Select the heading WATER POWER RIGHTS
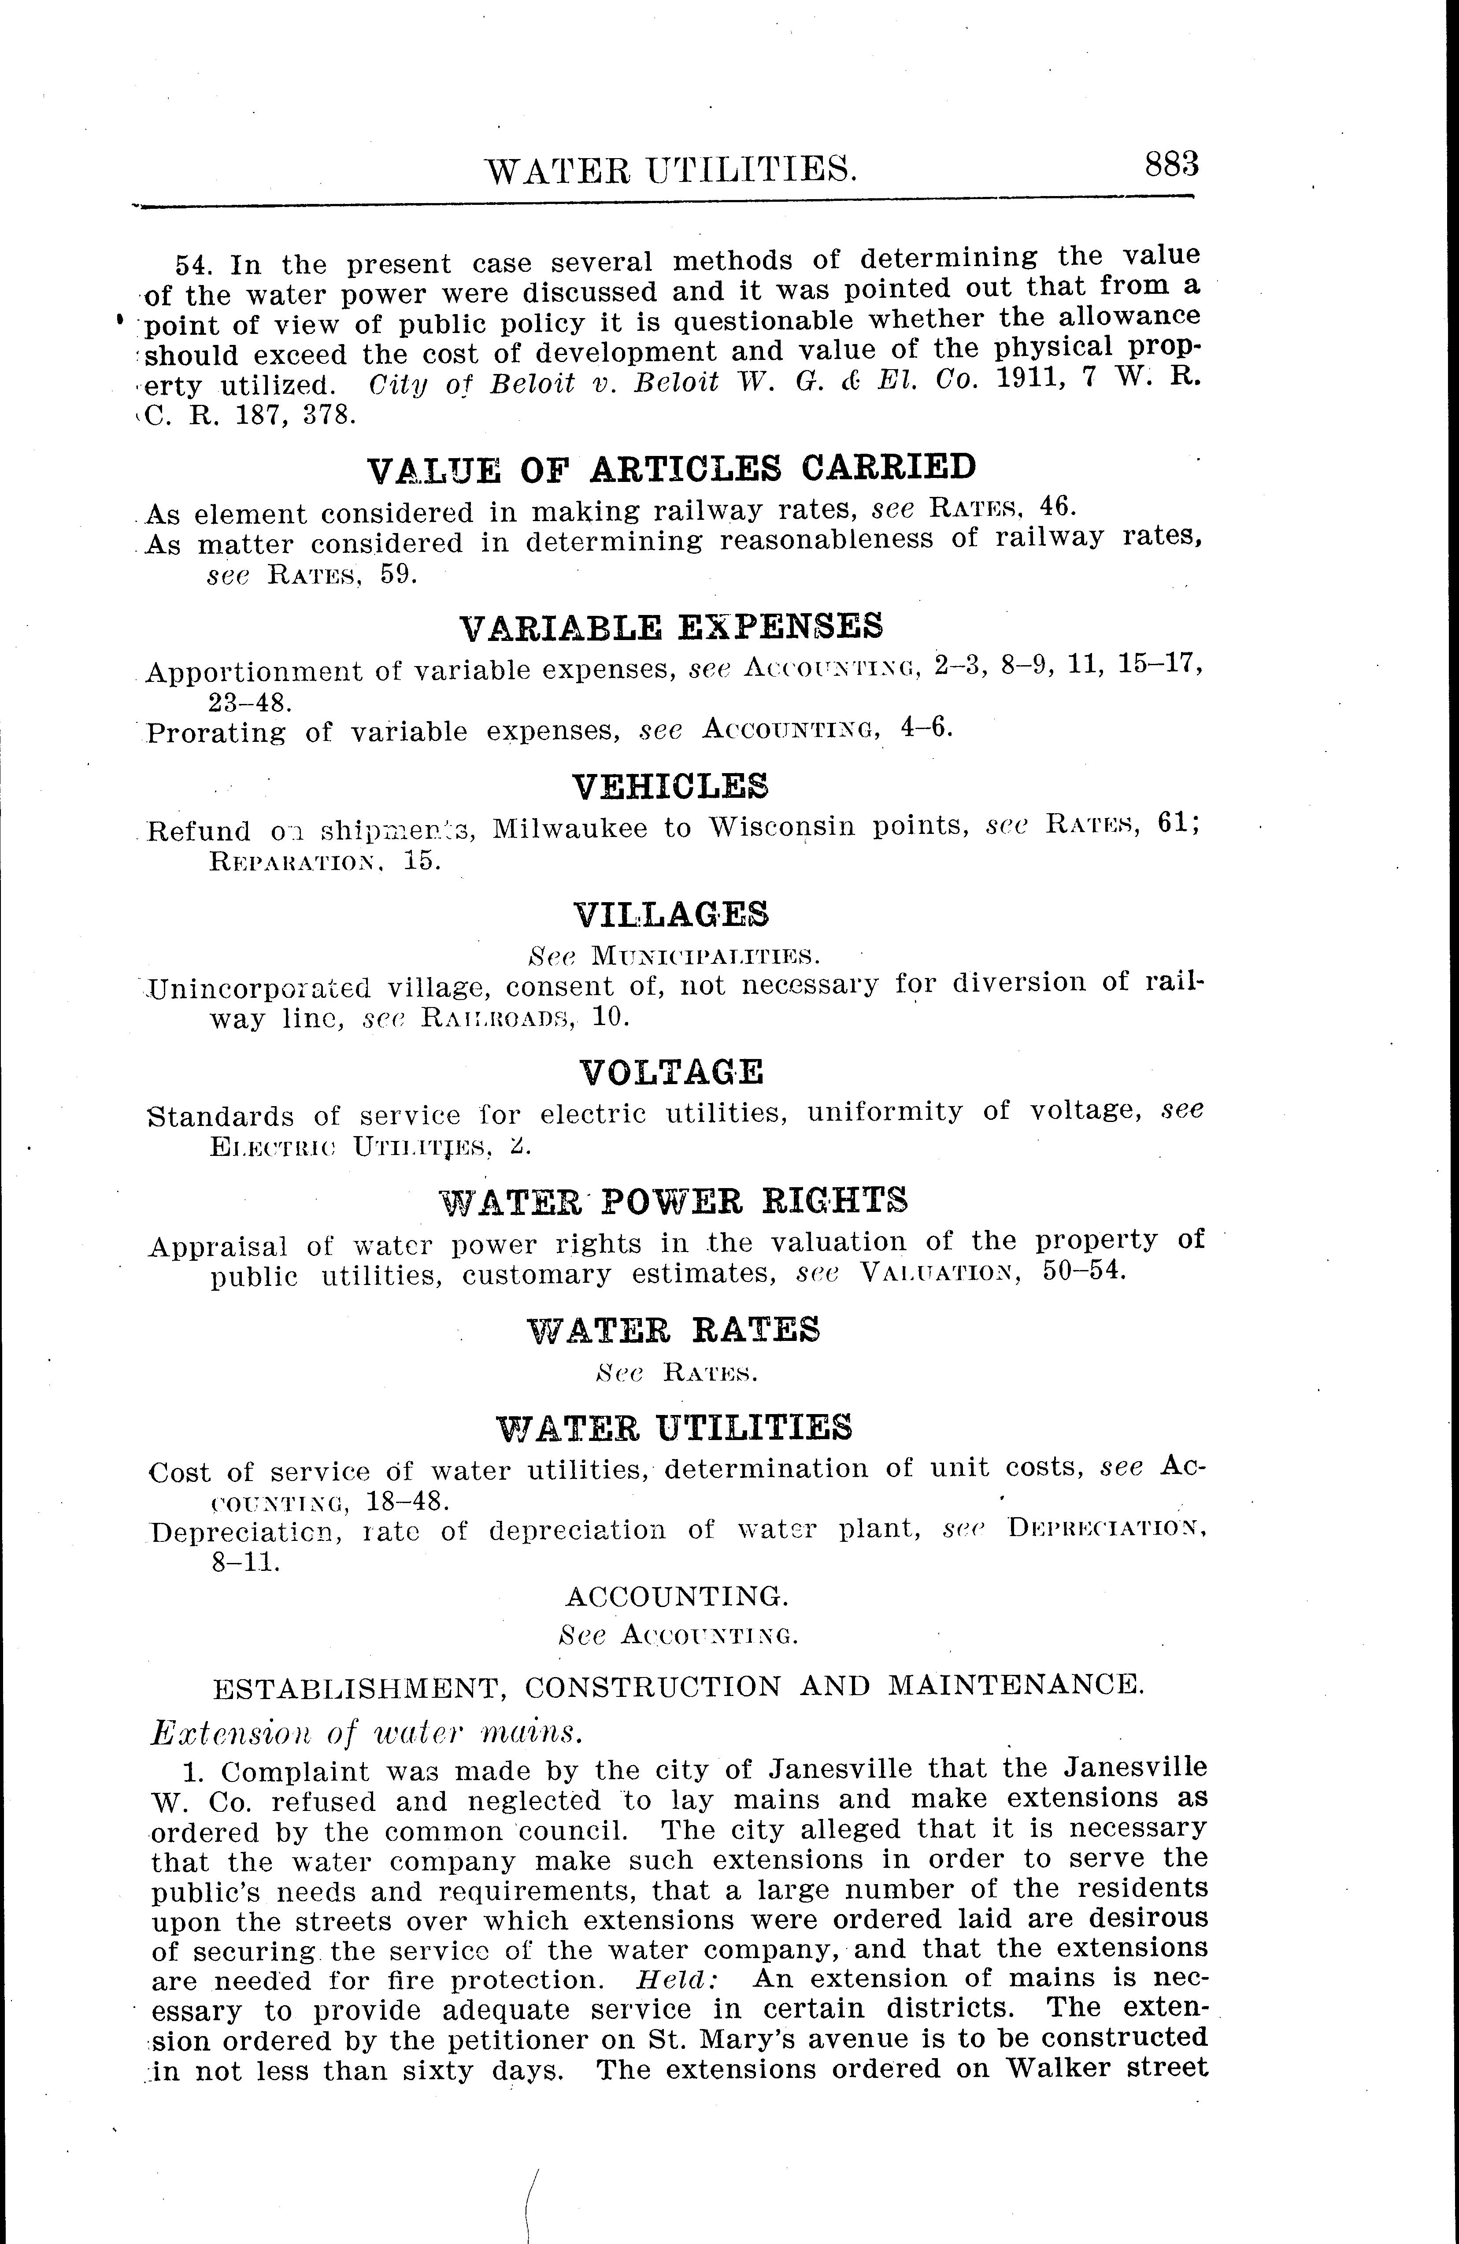(674, 1200)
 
